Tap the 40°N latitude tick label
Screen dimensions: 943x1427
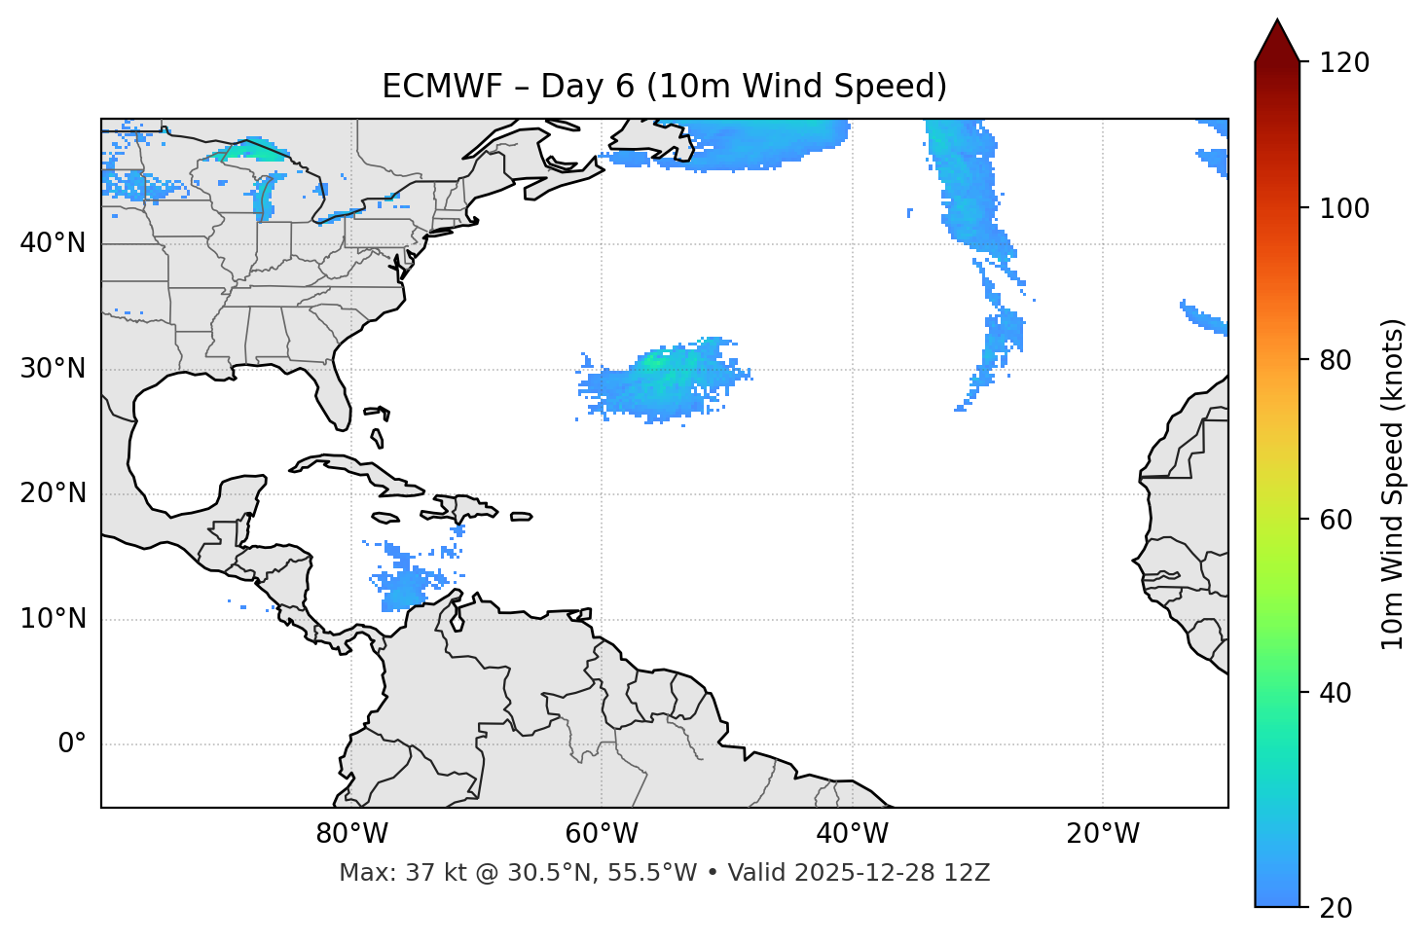pyautogui.click(x=53, y=243)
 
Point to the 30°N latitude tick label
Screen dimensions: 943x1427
pyautogui.click(x=53, y=369)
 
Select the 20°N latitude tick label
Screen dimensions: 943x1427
pyautogui.click(x=53, y=493)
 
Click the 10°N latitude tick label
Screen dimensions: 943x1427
pyautogui.click(x=53, y=619)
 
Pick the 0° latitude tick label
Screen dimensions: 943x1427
pyautogui.click(x=72, y=744)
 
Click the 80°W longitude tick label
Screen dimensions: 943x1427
pyautogui.click(x=351, y=834)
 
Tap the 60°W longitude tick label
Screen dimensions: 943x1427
pyautogui.click(x=602, y=834)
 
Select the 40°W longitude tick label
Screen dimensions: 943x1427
pyautogui.click(x=852, y=834)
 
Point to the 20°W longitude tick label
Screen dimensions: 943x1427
pyautogui.click(x=1102, y=834)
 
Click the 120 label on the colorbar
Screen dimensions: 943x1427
pyautogui.click(x=1344, y=62)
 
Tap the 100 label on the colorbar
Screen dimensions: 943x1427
pyautogui.click(x=1344, y=208)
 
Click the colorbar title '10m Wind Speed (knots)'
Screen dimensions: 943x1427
pyautogui.click(x=1393, y=484)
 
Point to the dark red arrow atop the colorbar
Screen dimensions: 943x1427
pyautogui.click(x=1277, y=42)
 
